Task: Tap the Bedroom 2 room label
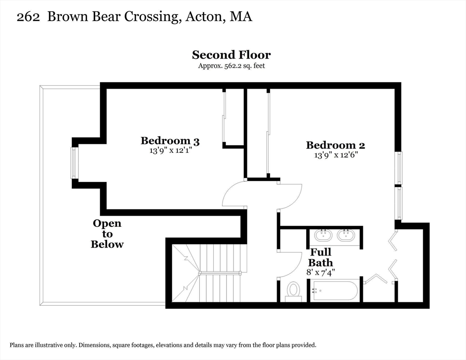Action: point(335,145)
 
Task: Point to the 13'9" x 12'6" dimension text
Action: point(335,155)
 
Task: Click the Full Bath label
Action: point(321,257)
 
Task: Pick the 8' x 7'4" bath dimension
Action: point(321,271)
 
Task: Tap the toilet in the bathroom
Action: point(294,291)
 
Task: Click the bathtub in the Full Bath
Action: point(335,290)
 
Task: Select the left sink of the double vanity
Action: point(323,234)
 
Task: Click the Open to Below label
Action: point(107,233)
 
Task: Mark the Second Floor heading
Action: point(231,55)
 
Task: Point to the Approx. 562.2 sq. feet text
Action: point(231,66)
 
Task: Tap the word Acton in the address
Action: point(203,17)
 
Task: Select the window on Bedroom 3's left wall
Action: point(74,163)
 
